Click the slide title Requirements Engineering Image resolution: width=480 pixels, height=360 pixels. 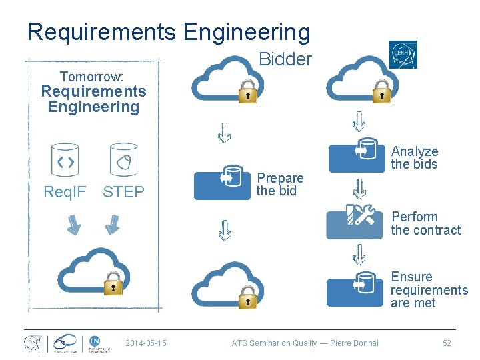[169, 32]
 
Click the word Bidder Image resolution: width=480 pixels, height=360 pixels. [285, 59]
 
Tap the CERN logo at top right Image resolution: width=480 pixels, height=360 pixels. [403, 55]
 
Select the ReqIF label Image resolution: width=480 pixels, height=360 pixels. [65, 193]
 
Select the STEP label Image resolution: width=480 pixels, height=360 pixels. [123, 193]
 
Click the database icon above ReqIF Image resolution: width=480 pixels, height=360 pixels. [65, 159]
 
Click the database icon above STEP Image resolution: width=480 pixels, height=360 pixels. [123, 159]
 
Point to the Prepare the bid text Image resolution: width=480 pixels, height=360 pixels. [280, 185]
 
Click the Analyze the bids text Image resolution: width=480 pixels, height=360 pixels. [414, 158]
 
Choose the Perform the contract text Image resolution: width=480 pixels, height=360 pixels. [425, 223]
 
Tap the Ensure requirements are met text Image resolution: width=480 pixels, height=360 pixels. [429, 290]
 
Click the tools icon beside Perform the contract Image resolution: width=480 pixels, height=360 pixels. [360, 216]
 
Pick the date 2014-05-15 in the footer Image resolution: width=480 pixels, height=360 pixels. [146, 343]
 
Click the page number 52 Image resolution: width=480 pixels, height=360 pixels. [447, 343]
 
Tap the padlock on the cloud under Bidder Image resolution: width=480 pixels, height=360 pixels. [247, 91]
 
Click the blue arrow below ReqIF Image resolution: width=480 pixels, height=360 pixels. [73, 225]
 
